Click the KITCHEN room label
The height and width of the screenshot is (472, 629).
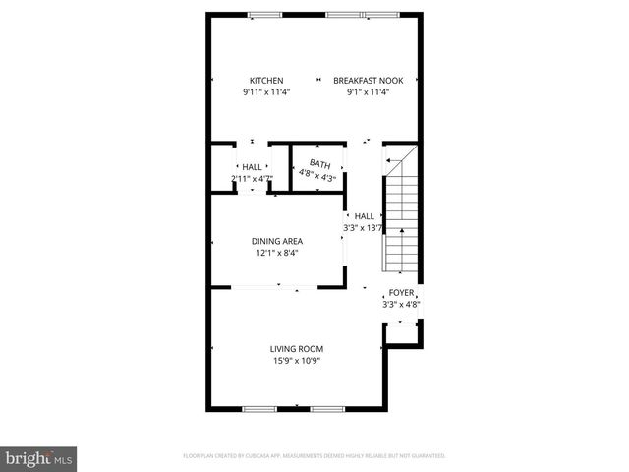click(x=265, y=81)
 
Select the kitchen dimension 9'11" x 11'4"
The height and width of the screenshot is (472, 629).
click(x=265, y=92)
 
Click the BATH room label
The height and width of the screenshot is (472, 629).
click(x=319, y=164)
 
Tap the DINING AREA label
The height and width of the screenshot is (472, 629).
click(x=277, y=241)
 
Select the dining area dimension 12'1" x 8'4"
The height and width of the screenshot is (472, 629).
click(x=277, y=253)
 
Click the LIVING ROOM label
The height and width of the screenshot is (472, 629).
click(x=297, y=348)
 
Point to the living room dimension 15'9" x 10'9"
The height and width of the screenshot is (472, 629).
click(x=297, y=360)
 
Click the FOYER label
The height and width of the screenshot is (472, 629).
click(x=401, y=293)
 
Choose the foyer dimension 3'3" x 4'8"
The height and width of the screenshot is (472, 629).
click(x=401, y=305)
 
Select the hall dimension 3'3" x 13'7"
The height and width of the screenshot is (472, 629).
click(x=363, y=228)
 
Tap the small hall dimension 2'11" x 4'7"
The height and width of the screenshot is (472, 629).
click(x=251, y=178)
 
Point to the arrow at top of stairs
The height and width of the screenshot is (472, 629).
click(x=391, y=160)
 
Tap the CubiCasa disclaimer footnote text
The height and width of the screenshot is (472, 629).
click(x=314, y=456)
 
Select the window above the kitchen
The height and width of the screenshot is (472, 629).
click(x=264, y=14)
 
